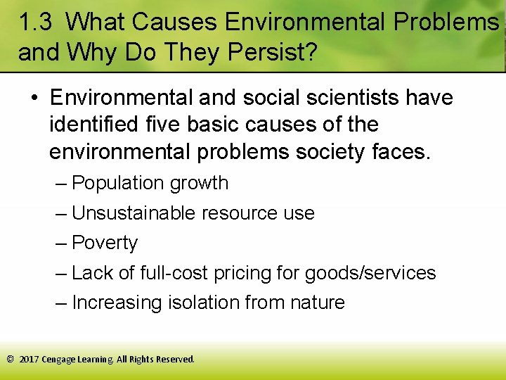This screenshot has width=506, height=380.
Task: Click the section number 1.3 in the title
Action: coord(34,23)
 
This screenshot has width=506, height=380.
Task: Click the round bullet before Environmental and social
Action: coord(34,98)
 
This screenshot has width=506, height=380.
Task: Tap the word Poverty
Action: coord(105,243)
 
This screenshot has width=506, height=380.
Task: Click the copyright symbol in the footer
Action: coord(10,359)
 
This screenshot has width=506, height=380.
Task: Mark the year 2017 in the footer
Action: coord(29,359)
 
